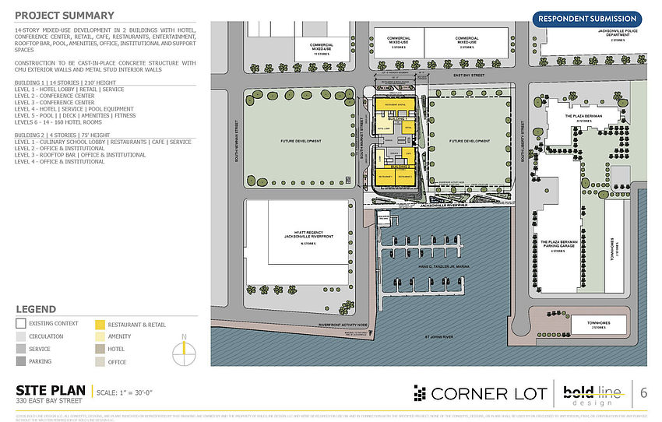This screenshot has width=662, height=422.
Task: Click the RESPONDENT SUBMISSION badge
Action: pyautogui.click(x=586, y=19)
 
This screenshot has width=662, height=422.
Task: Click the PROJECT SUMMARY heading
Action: pyautogui.click(x=65, y=16)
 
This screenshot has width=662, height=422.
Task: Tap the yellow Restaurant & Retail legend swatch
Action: pyautogui.click(x=100, y=324)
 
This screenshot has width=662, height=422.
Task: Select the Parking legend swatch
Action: pyautogui.click(x=21, y=362)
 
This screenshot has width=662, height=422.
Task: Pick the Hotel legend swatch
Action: pyautogui.click(x=100, y=350)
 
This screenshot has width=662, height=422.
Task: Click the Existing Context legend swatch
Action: pyautogui.click(x=21, y=324)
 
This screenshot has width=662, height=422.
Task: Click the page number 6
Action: pyautogui.click(x=644, y=393)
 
